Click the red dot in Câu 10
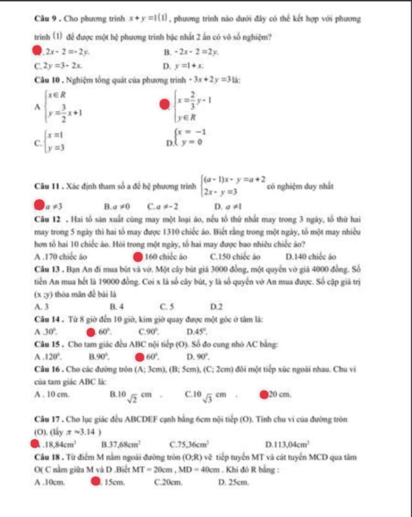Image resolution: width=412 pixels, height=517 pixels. click(163, 105)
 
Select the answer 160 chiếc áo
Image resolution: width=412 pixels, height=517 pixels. click(165, 256)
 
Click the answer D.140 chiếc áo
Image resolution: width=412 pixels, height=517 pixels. click(311, 256)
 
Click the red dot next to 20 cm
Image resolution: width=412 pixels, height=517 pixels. click(264, 394)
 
